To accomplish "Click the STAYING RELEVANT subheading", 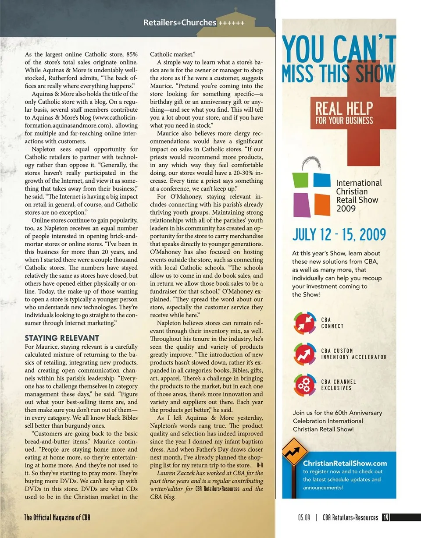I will click(62, 338).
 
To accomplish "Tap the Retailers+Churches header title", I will click(180, 23).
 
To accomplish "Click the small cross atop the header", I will click(235, 9).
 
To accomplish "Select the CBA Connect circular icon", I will click(305, 323).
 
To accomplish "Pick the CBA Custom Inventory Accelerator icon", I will click(305, 354).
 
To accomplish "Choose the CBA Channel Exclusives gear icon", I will click(305, 385).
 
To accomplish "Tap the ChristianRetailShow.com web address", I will click(345, 463).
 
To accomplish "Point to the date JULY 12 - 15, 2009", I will click(339, 235).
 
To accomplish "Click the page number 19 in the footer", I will click(385, 517).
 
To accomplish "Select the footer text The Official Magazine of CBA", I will click(57, 517).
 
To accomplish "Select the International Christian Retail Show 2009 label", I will click(359, 195).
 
